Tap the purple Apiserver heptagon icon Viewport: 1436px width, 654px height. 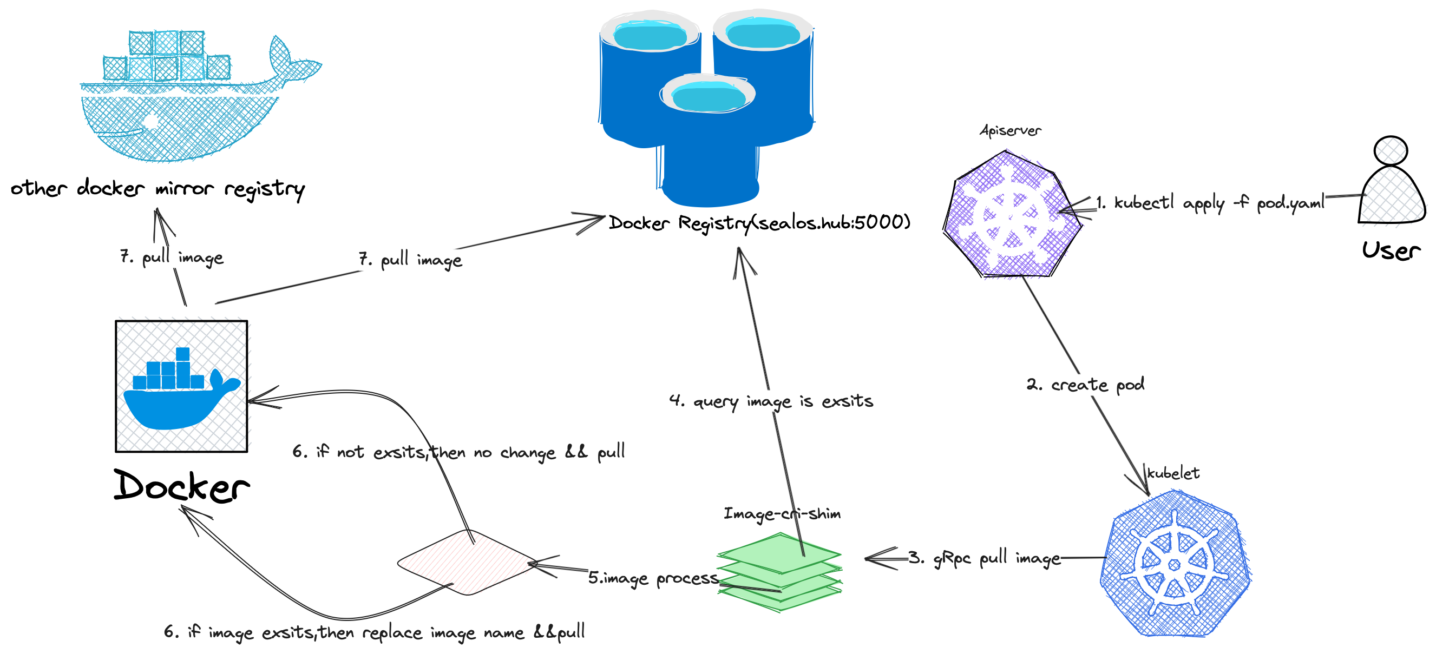point(1011,214)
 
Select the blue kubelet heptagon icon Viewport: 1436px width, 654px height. point(1175,564)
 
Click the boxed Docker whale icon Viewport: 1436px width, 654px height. point(181,386)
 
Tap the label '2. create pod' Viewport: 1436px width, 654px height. point(1085,385)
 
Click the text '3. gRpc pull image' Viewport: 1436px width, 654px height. point(985,558)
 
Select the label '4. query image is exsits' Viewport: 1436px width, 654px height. point(771,401)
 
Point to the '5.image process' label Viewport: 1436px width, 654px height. point(653,578)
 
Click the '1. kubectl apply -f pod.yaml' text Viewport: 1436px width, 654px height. point(1210,203)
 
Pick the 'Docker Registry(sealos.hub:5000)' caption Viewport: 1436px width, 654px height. point(759,223)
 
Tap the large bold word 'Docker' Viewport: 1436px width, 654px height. point(182,486)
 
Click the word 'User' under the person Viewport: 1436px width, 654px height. point(1391,250)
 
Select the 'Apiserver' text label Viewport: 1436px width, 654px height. point(1010,131)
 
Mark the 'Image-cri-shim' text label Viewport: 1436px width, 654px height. point(782,513)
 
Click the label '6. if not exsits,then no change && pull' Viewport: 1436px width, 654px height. point(458,452)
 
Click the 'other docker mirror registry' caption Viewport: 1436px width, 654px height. point(158,189)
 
